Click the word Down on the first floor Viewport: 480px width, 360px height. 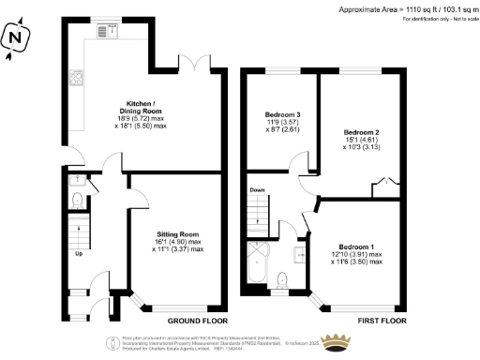(258, 190)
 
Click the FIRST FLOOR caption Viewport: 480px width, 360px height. (382, 320)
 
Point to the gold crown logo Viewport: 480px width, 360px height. (335, 341)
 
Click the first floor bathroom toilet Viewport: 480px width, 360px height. (282, 278)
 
